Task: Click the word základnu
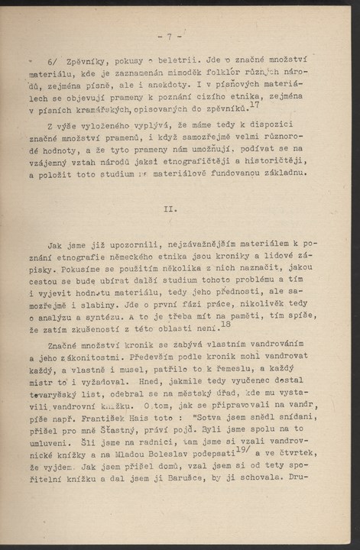(x=282, y=172)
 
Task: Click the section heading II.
(x=170, y=208)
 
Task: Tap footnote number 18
(x=225, y=324)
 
